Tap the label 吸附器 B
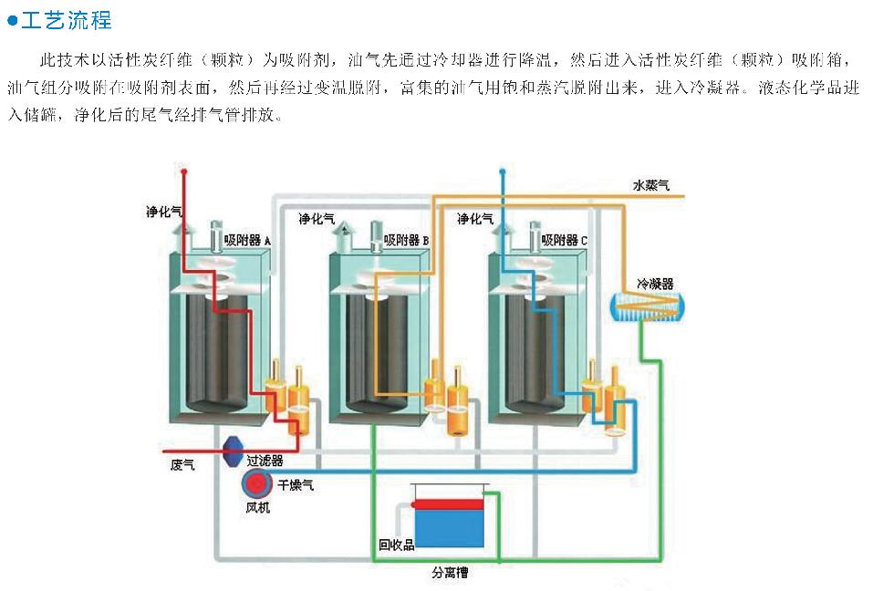point(406,240)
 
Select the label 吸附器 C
point(564,240)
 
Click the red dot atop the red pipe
point(183,171)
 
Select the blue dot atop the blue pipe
point(501,171)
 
